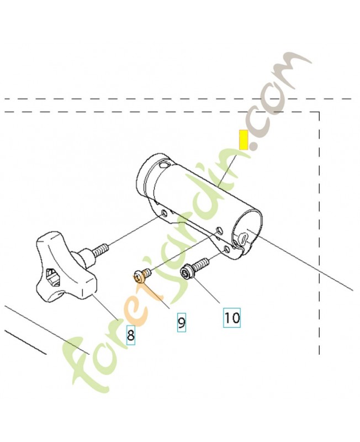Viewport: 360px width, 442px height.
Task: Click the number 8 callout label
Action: click(x=130, y=334)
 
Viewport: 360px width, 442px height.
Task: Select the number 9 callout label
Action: click(x=182, y=322)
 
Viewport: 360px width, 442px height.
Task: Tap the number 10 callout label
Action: click(x=232, y=317)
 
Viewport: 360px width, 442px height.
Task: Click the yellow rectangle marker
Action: click(x=242, y=140)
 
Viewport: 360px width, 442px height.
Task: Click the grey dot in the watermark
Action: click(x=253, y=146)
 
